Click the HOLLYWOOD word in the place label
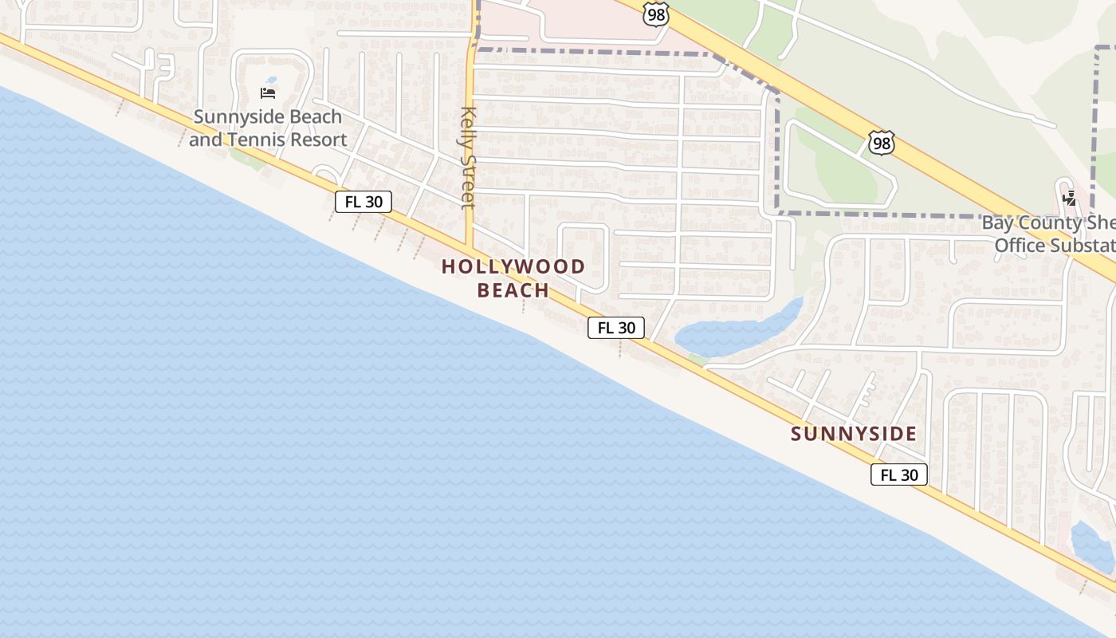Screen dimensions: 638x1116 pos(513,266)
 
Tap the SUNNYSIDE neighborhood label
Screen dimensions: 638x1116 pos(854,434)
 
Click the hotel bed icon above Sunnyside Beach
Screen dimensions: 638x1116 pos(268,93)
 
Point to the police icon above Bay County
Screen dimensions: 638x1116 pos(1069,198)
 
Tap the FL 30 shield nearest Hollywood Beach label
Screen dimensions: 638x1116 pos(616,327)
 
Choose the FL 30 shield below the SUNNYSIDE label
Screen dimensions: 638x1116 pos(899,475)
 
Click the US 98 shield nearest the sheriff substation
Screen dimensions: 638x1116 pos(882,144)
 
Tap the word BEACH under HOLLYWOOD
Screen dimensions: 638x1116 pos(513,289)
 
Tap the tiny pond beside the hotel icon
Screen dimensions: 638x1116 pos(272,81)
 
